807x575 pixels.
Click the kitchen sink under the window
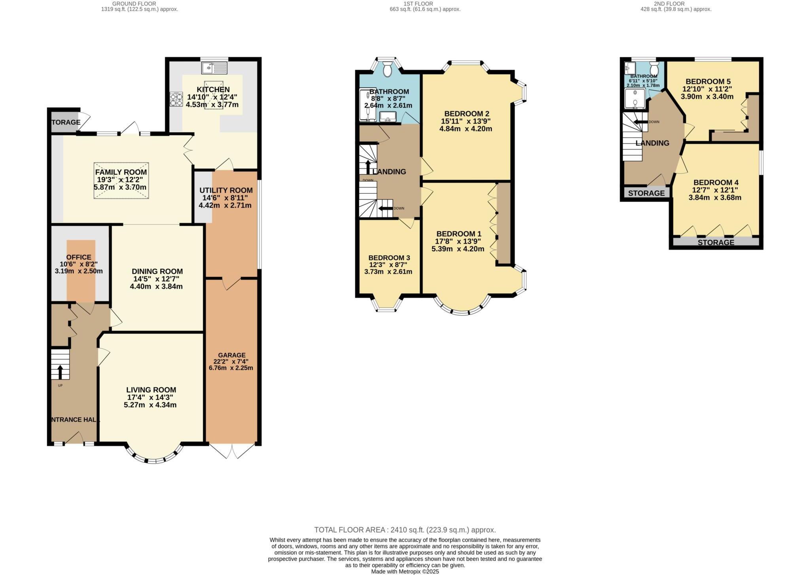pos(214,68)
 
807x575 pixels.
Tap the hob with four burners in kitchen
pos(176,99)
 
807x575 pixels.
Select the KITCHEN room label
pos(213,90)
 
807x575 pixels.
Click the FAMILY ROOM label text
pos(121,172)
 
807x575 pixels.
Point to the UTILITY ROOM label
pos(226,190)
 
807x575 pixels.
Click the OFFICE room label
pos(79,257)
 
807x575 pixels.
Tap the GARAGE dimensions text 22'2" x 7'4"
pos(232,361)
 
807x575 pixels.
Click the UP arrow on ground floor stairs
pos(60,372)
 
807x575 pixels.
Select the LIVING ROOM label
pos(151,390)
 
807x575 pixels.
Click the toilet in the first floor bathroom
pos(387,70)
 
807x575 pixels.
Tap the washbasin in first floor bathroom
pos(388,117)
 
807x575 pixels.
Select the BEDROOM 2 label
pos(464,114)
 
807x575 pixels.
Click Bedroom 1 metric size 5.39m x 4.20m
pos(458,249)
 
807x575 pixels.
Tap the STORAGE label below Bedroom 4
pos(716,242)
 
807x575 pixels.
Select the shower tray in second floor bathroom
pos(635,98)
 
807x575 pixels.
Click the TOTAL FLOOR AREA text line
pos(405,530)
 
